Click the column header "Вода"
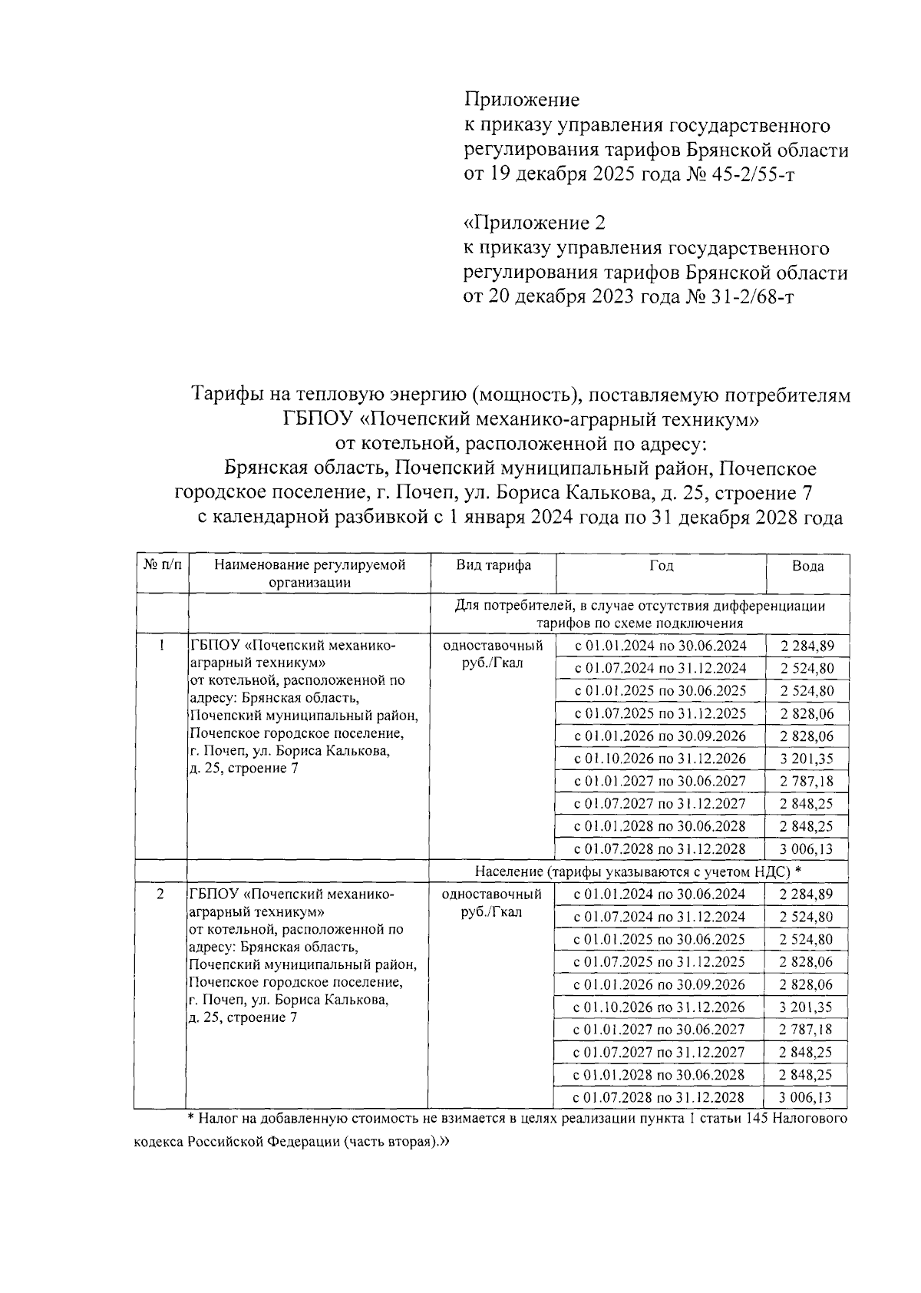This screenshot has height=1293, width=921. (807, 566)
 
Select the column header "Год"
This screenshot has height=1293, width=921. (661, 565)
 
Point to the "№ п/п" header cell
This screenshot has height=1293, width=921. (163, 565)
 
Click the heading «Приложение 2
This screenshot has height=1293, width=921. (535, 223)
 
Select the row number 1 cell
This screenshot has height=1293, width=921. (162, 645)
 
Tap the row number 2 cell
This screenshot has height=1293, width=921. (160, 894)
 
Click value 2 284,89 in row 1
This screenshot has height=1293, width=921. (807, 646)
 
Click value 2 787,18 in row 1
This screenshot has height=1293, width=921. (807, 781)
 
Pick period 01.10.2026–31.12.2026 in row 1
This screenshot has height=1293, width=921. (661, 759)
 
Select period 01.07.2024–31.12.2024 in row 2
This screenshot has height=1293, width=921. (660, 916)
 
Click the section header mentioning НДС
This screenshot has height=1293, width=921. (638, 871)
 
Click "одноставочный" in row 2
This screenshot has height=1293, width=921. (492, 894)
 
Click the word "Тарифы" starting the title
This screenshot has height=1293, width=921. (227, 395)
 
